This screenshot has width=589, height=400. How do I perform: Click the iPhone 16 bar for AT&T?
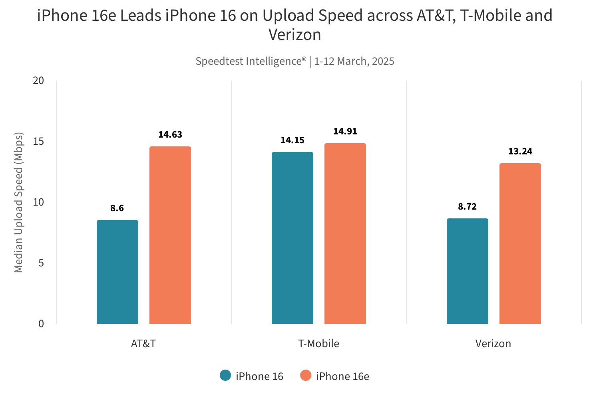117,272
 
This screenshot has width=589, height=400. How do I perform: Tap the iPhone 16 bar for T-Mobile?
293,238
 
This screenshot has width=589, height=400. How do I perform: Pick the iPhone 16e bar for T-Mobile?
345,234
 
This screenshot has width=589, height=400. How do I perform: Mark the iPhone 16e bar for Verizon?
520,244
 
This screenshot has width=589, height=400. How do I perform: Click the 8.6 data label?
117,208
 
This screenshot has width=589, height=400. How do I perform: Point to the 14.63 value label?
170,135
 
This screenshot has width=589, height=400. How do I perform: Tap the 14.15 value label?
293,140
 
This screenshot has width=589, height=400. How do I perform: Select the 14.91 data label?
345,132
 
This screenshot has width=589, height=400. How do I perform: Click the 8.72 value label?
468,207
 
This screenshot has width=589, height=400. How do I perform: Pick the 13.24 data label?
520,152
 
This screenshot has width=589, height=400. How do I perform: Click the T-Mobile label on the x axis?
318,344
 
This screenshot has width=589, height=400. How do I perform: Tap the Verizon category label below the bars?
493,344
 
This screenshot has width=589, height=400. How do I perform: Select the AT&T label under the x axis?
143,344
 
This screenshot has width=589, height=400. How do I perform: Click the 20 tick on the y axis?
39,81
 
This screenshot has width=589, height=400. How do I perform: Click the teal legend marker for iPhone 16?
225,376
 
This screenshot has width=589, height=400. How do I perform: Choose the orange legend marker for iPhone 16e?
306,376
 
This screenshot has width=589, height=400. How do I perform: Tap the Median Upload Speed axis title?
19,202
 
